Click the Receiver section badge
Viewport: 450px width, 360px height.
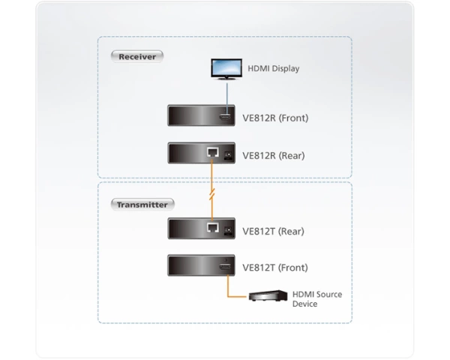(x=137, y=56)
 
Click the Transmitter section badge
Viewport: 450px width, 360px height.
(x=142, y=205)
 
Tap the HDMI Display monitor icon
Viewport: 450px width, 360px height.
(x=226, y=69)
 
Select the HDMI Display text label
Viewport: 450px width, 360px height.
(x=274, y=68)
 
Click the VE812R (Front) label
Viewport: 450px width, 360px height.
(x=275, y=118)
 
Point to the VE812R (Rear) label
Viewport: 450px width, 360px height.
(x=274, y=155)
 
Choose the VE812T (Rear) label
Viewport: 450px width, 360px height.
(x=273, y=232)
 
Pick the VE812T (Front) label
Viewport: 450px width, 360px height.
(x=275, y=268)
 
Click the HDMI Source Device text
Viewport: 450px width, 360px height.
(x=317, y=299)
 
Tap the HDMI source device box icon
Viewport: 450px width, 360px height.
(x=268, y=295)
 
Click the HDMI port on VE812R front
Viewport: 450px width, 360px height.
(x=225, y=117)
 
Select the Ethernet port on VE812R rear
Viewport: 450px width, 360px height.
(x=213, y=152)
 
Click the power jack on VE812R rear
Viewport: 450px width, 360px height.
(x=228, y=155)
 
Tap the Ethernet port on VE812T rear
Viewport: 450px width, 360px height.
(x=213, y=228)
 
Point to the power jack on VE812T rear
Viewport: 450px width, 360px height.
(x=228, y=231)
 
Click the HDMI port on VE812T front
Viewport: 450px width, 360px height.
(x=225, y=267)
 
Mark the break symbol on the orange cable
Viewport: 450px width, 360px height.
(x=212, y=194)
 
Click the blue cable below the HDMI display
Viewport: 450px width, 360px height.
(x=227, y=98)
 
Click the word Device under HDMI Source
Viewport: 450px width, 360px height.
(x=304, y=304)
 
